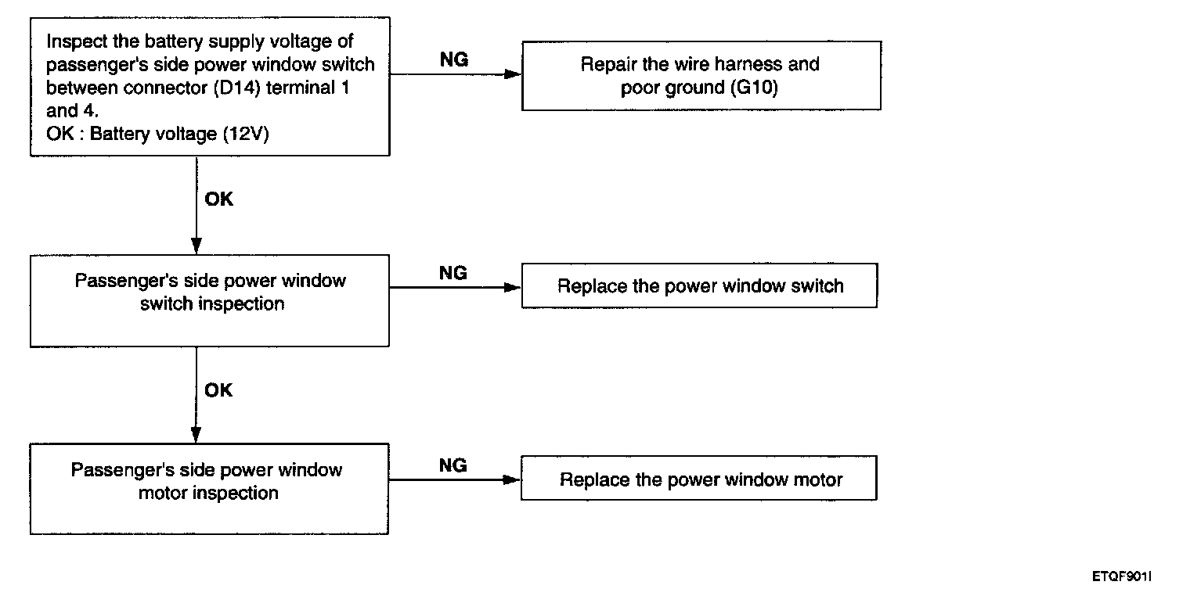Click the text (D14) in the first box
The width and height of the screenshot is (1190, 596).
coord(236,88)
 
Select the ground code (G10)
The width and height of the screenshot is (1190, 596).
coord(754,87)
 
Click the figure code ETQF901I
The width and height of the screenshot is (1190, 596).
coord(1122,576)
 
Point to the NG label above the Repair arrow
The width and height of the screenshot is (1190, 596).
coord(454,59)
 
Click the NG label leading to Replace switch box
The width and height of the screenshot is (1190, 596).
coord(453,273)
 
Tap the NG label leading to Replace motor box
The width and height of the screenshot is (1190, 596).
coord(453,465)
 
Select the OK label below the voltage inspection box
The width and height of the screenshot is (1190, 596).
coord(218,199)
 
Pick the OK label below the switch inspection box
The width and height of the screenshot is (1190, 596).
coord(218,390)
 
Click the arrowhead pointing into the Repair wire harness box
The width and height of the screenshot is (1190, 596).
coord(513,74)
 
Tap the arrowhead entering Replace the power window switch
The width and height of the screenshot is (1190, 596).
coord(512,288)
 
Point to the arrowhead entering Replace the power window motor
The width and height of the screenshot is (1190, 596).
coord(511,479)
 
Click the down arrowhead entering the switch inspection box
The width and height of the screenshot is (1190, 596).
coord(196,246)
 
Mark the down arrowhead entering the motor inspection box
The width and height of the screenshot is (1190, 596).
coord(196,435)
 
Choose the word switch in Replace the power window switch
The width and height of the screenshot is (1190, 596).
coord(817,286)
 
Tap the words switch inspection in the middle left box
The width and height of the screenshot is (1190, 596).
coord(212,304)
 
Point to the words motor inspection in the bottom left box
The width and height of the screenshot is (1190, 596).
coord(208,493)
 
